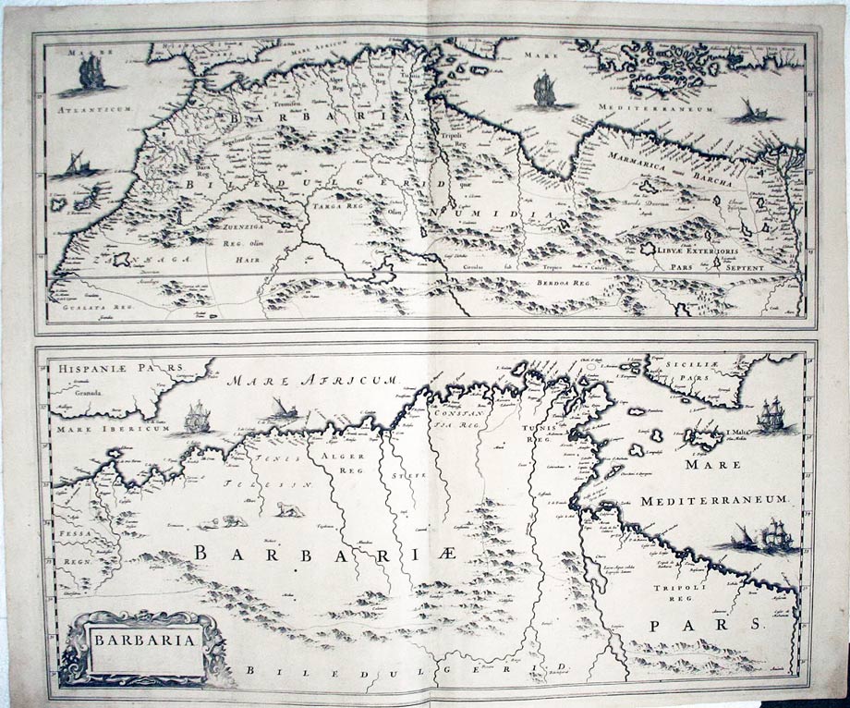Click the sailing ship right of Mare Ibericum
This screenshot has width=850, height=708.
[x=196, y=418]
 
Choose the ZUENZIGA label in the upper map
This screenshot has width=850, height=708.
[x=239, y=224]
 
